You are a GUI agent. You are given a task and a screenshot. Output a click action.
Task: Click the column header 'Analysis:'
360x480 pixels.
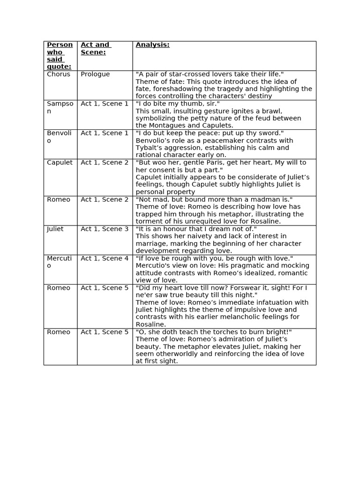152,45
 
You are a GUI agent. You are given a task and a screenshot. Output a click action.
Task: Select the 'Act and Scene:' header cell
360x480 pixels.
95,48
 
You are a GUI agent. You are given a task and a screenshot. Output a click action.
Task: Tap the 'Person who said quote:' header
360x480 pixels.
60,55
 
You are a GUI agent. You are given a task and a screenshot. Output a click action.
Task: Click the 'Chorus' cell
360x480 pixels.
59,74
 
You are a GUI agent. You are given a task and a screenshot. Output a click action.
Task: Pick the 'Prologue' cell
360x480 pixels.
95,74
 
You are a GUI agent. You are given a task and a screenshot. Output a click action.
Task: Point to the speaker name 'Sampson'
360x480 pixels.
60,107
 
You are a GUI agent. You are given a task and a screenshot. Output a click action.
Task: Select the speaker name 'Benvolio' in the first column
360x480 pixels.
59,137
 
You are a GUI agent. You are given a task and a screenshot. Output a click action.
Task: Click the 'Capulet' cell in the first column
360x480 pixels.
60,163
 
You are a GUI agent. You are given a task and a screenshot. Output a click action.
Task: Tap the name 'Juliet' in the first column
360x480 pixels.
55,229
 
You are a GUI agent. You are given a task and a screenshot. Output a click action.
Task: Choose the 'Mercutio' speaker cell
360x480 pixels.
59,262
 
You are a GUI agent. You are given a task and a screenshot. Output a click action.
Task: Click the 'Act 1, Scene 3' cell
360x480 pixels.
105,229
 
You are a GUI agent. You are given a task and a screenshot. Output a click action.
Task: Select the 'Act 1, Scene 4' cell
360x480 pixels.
105,258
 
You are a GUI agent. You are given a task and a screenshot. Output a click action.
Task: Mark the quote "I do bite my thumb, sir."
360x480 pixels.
178,104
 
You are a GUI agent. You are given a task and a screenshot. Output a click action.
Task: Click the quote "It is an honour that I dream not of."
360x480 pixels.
196,229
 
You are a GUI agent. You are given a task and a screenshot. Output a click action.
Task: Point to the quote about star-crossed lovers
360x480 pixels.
210,74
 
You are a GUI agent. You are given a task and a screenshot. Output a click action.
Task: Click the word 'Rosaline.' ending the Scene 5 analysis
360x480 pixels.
151,324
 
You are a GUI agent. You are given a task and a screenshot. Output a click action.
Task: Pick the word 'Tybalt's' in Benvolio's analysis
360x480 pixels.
151,148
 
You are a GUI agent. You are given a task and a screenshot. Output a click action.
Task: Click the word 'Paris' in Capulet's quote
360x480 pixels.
198,163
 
